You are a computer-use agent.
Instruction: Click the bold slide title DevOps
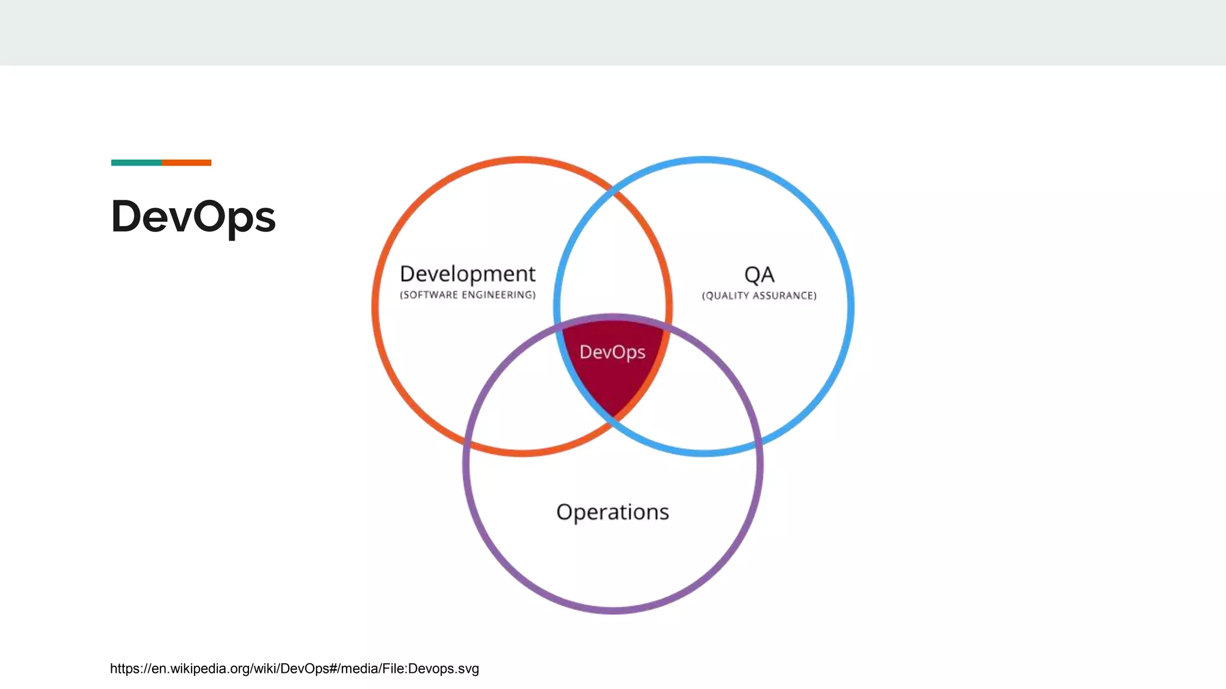(193, 217)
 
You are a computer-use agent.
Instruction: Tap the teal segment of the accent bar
(136, 163)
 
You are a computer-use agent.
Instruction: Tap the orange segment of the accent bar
(186, 163)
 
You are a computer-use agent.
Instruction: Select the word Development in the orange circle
(467, 274)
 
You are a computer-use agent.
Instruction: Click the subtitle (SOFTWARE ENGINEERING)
(467, 295)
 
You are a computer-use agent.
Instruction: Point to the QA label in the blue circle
(759, 275)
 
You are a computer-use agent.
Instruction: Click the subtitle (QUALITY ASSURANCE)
(759, 295)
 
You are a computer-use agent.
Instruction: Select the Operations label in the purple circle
(612, 512)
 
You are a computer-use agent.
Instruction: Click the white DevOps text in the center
(612, 352)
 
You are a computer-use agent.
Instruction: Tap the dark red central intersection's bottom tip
(612, 410)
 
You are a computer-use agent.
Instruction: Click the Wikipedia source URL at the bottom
(294, 669)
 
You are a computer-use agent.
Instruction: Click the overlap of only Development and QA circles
(612, 263)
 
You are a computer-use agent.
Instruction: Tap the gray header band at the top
(613, 32)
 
